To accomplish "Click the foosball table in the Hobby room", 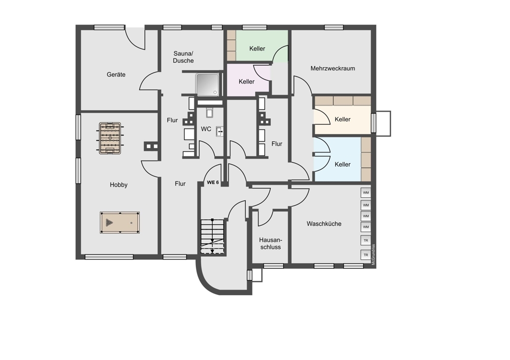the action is point(110,138).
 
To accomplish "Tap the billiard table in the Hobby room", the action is point(120,223).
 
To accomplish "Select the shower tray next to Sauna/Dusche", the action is point(208,85).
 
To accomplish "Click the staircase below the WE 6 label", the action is point(213,237).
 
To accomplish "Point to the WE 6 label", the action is point(213,183).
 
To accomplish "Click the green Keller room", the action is point(257,45).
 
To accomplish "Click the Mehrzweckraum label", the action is point(333,68).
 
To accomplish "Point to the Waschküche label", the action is point(324,224).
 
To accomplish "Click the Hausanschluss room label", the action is point(270,243).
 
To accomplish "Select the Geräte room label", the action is point(116,74).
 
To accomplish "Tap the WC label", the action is point(206,129).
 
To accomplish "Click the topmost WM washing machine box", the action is point(366,193).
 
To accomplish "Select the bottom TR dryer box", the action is point(366,255).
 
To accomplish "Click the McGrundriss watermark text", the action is point(373,254).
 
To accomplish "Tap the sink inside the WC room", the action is point(220,132).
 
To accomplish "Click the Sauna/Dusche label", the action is point(184,57).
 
